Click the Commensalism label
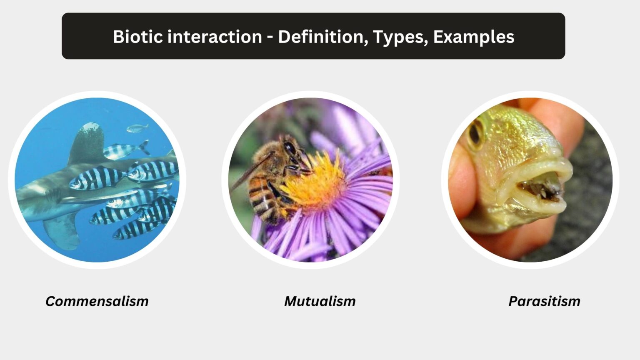[x=97, y=301]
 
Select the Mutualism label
[x=320, y=301]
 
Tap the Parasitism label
[x=544, y=301]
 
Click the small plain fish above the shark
[x=137, y=128]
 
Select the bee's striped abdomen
[x=262, y=200]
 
